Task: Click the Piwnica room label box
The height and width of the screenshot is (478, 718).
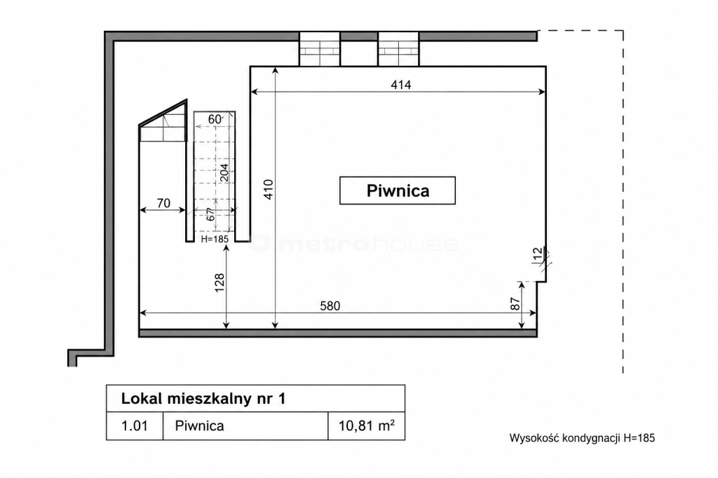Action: [x=398, y=191]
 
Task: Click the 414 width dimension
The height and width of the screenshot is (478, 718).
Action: [x=401, y=85]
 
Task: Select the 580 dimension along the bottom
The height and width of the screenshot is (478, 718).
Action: [x=330, y=306]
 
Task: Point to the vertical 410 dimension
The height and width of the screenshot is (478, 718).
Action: [x=269, y=189]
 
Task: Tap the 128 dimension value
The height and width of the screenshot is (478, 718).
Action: [x=219, y=283]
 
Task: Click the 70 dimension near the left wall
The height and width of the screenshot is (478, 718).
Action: [x=163, y=203]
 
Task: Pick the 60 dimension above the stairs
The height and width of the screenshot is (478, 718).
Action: [x=215, y=119]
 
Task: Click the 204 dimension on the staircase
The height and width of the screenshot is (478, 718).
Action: [x=224, y=173]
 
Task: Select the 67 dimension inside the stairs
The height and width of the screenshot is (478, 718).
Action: [x=210, y=214]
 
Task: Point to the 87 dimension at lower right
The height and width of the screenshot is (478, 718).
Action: [x=515, y=304]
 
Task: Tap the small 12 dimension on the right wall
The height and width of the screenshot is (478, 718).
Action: [x=538, y=254]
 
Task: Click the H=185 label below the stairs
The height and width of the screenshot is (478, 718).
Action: [x=215, y=239]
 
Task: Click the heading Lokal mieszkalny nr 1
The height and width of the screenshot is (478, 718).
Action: [x=203, y=398]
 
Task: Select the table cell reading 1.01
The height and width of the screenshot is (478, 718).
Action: [x=135, y=426]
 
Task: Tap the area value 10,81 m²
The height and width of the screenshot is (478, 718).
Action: [x=366, y=426]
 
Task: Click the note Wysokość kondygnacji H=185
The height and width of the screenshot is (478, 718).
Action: [x=582, y=438]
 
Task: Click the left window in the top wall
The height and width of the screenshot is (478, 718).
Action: [x=320, y=49]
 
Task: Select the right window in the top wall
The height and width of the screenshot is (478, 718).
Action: [x=398, y=49]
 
